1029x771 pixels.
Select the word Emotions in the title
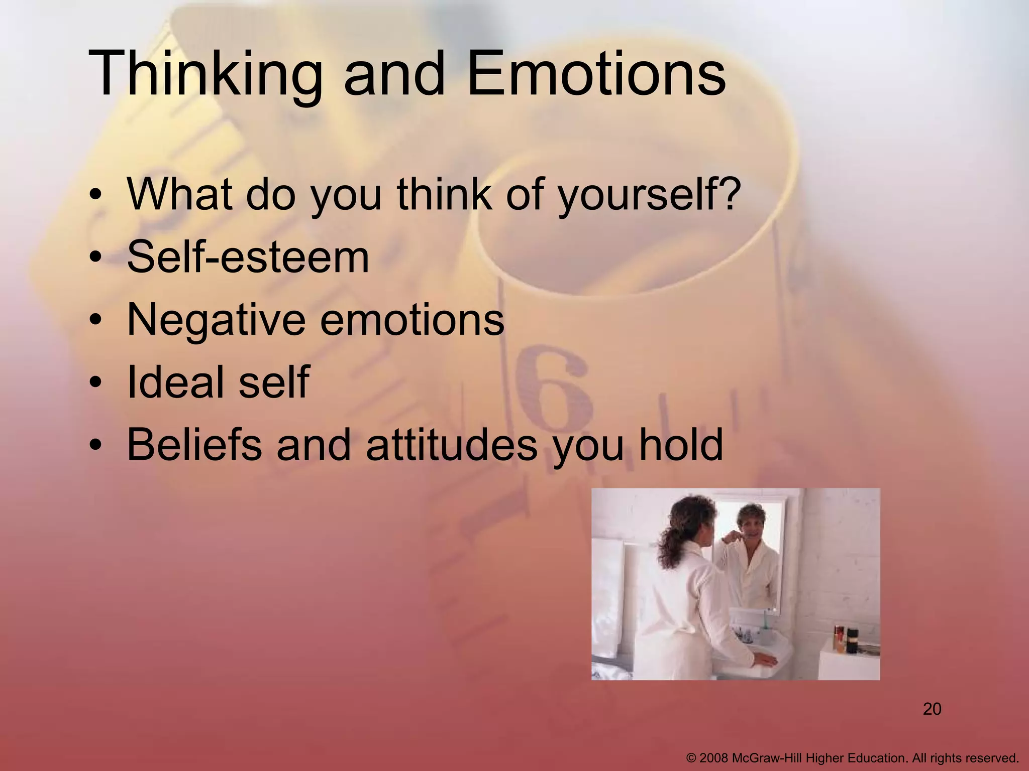pyautogui.click(x=596, y=73)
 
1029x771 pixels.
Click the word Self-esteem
pyautogui.click(x=248, y=256)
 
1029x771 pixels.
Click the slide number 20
pyautogui.click(x=932, y=709)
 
